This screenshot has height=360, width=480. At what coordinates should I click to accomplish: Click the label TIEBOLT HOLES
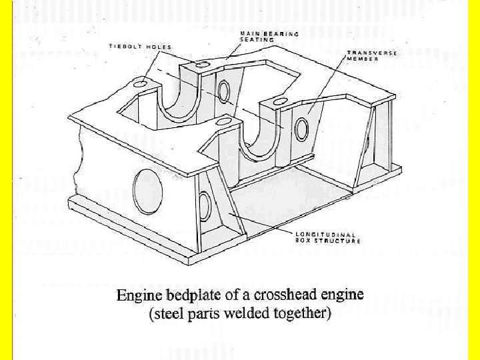(x=140, y=47)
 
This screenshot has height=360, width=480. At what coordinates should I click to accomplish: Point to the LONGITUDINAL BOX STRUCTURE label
(x=327, y=237)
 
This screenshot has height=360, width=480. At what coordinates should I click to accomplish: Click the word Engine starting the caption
(x=138, y=295)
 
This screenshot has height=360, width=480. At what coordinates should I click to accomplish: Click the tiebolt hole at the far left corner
(x=140, y=84)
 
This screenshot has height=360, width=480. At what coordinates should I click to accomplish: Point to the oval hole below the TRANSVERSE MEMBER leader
(x=301, y=128)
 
